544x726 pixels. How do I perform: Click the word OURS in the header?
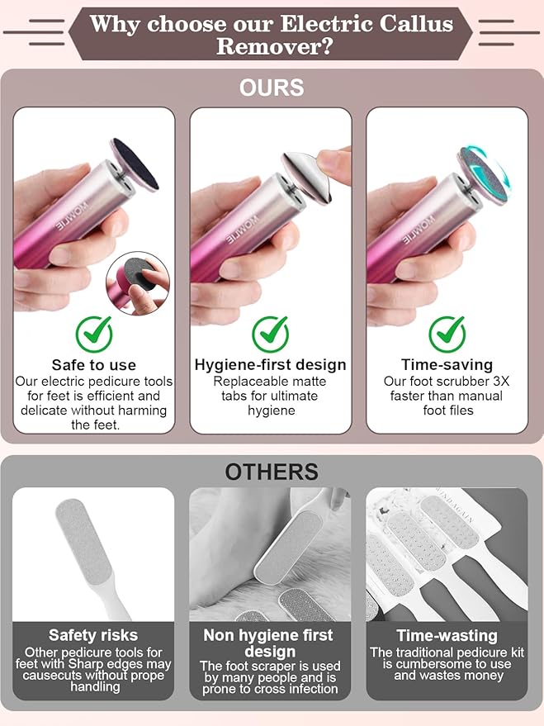272,88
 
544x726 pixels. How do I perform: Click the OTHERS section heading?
272,472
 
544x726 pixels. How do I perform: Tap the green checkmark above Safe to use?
93,334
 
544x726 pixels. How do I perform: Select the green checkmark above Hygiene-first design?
270,334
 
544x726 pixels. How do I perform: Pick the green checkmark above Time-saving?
447,334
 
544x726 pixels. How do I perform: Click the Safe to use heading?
93,365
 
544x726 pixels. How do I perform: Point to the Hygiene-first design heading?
270,365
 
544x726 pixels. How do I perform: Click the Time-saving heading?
447,365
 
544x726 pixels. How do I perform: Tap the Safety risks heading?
93,635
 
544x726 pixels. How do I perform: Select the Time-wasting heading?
447,636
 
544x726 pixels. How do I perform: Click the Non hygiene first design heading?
270,643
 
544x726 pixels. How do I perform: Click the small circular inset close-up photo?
137,283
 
